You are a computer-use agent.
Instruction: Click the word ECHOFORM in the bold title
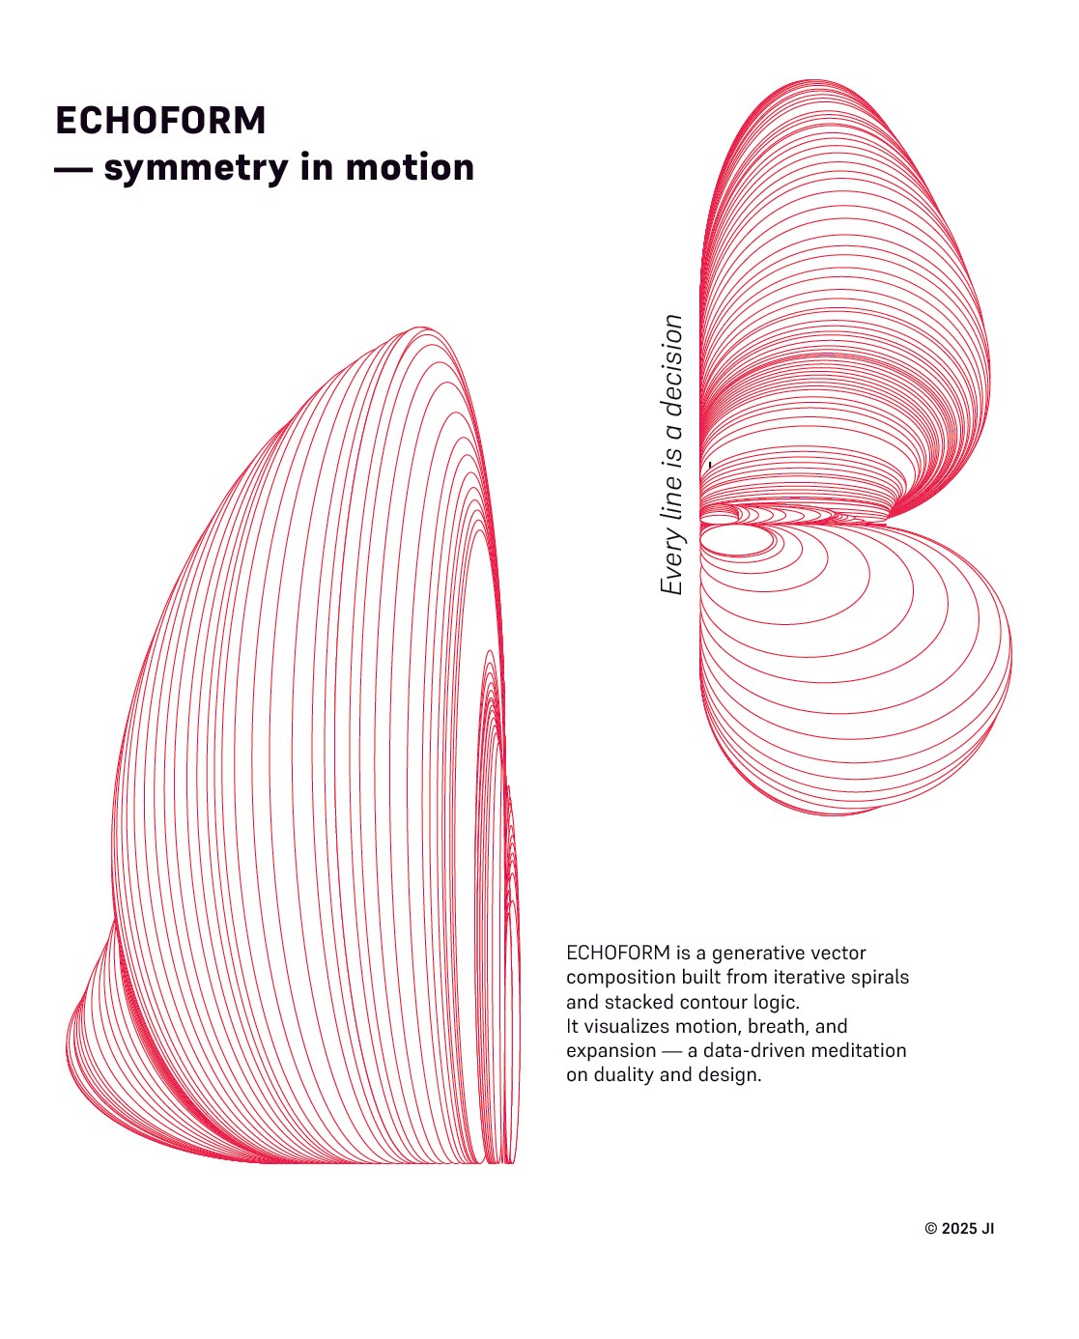pos(160,121)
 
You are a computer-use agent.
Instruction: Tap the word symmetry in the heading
pos(195,168)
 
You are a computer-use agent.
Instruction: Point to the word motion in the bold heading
pos(410,167)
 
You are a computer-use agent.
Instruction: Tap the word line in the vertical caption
pos(671,499)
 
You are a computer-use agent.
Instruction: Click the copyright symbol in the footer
pos(931,1229)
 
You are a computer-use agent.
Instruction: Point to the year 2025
pos(959,1229)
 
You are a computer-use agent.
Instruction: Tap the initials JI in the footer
pos(987,1229)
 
